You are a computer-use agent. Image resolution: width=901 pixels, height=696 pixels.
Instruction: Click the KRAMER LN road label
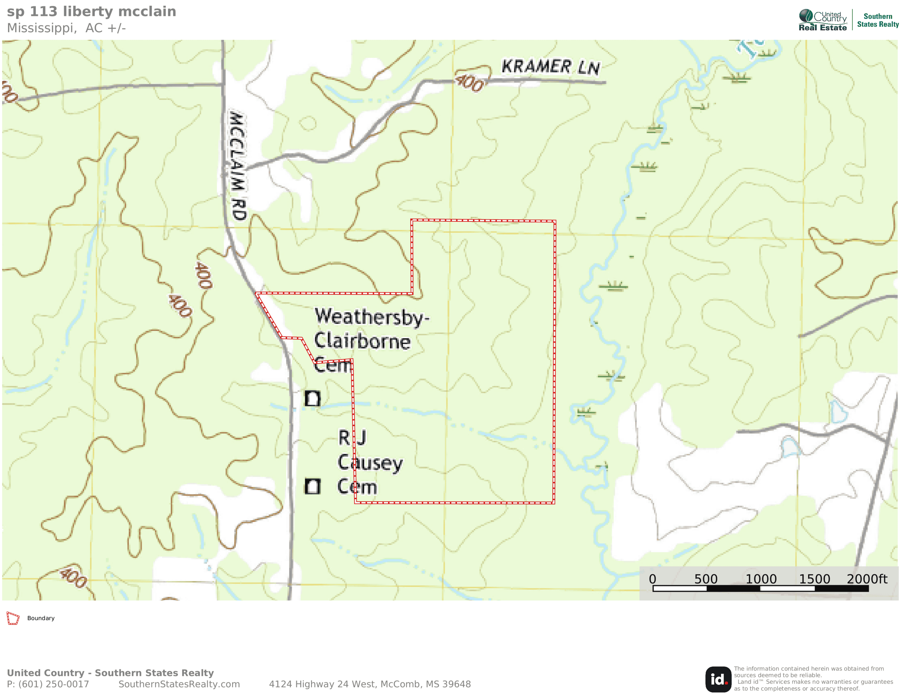[550, 67]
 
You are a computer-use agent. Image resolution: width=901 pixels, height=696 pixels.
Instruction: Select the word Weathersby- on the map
[372, 317]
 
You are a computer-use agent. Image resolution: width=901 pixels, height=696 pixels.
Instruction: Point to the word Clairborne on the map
[362, 341]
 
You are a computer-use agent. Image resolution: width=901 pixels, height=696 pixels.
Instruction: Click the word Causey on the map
[370, 463]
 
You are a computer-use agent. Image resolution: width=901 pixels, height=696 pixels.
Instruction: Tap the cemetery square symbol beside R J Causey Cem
[312, 486]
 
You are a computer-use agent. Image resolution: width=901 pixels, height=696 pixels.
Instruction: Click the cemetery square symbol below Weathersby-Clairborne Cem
[312, 398]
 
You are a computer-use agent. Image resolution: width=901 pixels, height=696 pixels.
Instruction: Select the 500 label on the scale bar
[705, 579]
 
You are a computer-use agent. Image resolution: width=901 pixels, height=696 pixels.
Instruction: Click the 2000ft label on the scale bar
[867, 579]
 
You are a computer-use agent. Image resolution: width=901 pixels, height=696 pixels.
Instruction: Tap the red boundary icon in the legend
[13, 618]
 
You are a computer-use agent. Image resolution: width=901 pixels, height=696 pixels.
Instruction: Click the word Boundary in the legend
[41, 618]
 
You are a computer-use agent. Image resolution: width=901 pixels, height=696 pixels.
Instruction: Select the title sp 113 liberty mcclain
[91, 12]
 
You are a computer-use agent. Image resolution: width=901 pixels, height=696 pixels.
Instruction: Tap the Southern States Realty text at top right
[878, 20]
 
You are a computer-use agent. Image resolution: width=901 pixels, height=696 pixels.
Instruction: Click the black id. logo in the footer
[718, 679]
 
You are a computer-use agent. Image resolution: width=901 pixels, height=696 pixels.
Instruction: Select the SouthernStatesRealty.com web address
[179, 684]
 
